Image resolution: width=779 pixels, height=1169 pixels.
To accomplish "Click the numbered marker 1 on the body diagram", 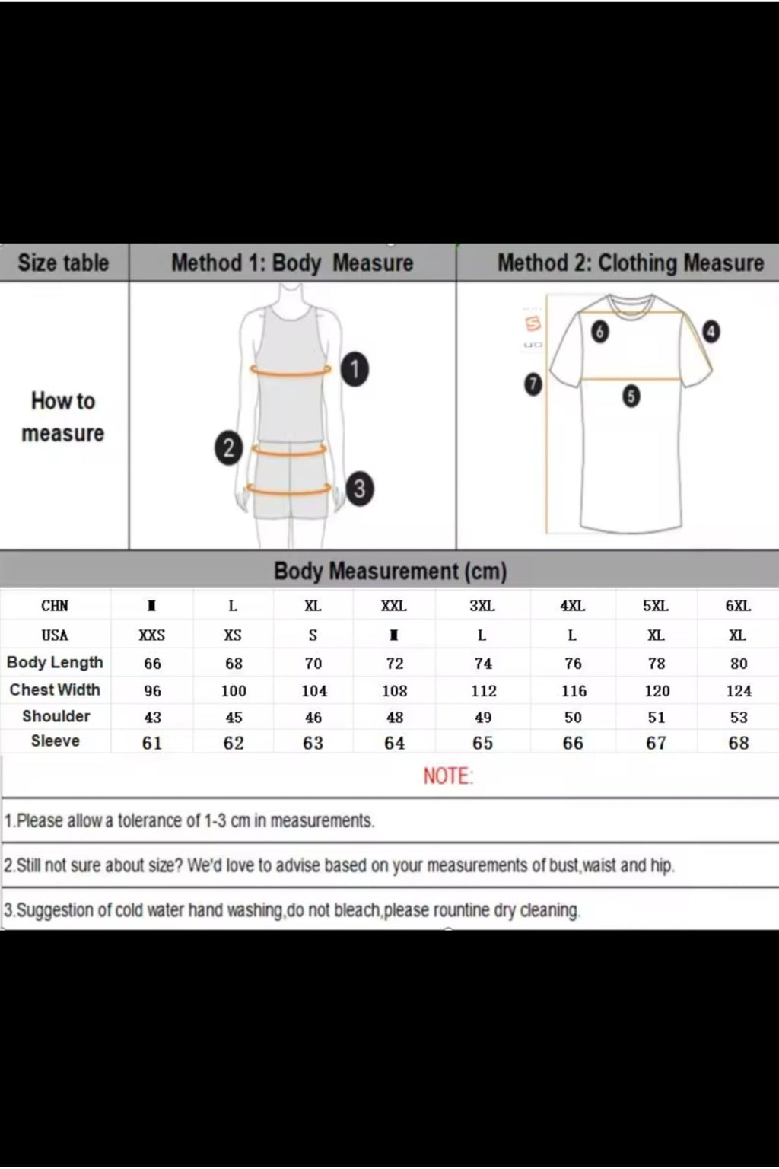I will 355,370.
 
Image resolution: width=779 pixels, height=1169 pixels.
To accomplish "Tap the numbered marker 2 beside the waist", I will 228,448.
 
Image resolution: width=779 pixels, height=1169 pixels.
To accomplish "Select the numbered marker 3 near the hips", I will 359,488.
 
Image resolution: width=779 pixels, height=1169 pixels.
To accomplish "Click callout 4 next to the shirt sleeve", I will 711,332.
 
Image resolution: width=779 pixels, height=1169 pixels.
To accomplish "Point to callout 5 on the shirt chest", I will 630,397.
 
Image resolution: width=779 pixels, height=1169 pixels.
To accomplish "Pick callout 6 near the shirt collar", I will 600,332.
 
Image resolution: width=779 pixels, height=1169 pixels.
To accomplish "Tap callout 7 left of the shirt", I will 533,384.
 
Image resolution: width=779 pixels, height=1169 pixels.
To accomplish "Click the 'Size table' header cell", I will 63,263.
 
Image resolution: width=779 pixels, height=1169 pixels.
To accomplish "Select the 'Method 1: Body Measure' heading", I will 292,263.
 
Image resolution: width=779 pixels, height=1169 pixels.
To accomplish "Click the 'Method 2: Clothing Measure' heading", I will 630,263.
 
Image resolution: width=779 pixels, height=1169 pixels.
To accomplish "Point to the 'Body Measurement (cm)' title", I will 389,571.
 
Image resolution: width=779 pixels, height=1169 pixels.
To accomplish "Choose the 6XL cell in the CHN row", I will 738,607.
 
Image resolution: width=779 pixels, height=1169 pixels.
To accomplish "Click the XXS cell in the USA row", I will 152,635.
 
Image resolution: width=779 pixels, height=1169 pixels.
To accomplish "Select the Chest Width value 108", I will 395,691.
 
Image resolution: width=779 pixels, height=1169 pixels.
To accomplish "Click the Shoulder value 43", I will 152,718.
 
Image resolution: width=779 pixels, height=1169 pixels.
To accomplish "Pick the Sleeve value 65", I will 483,743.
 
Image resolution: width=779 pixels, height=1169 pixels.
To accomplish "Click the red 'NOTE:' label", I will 448,776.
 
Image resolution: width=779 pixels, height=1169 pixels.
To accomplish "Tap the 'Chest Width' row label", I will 55,690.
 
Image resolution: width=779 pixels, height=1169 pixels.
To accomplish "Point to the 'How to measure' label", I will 63,417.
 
